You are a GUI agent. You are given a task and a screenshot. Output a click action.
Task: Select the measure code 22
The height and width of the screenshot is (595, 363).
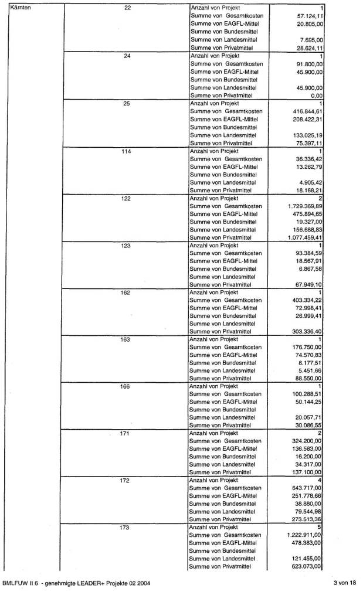[x=127, y=7]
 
